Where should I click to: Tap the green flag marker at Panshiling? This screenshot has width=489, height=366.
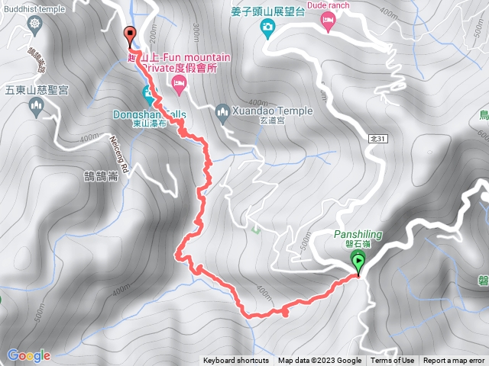pos(358,262)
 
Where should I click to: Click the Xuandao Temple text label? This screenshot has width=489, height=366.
pos(275,111)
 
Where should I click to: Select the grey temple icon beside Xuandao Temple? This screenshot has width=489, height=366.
pos(223,114)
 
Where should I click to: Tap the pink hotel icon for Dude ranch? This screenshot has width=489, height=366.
pos(328,24)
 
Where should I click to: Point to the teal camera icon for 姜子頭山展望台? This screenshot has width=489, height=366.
pos(267,29)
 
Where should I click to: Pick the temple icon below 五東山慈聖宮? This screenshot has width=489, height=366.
pos(35,108)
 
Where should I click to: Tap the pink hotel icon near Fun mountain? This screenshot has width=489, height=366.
pos(180,87)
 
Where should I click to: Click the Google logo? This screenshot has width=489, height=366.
pos(28,355)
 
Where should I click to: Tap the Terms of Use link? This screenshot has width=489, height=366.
pos(393,361)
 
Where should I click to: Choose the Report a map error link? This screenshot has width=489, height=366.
pos(455,361)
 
